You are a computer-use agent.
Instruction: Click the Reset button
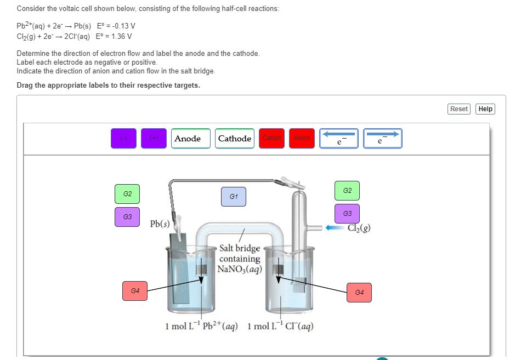coord(458,109)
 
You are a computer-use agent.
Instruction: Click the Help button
coord(485,109)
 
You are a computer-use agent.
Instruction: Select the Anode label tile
coord(188,139)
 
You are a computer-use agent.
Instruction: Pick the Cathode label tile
coord(235,139)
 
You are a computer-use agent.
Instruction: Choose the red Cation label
coord(272,139)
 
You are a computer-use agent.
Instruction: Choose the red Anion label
coord(302,139)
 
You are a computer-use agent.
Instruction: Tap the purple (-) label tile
coord(123,139)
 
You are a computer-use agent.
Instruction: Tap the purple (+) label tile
coord(154,139)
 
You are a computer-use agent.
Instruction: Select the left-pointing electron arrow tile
coord(340,139)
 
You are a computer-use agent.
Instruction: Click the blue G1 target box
coord(234,197)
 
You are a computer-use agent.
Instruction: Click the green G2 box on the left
coord(127,195)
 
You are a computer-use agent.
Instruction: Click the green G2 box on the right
coord(347,191)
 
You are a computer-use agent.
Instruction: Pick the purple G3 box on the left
coord(127,217)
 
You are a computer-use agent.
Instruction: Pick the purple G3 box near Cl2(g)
coord(347,213)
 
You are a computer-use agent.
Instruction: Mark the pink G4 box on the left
coord(135,290)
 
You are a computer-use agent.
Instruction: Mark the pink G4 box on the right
coord(359,293)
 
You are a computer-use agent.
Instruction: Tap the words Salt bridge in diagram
coord(239,249)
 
